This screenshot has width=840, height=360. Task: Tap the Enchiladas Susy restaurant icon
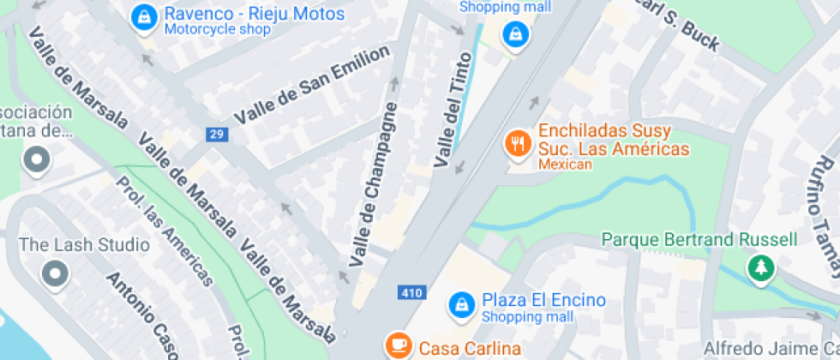point(516,143)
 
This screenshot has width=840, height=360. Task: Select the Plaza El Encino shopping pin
point(461,304)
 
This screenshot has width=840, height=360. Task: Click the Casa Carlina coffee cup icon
point(397,345)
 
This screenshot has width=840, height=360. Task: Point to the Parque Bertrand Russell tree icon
point(759,268)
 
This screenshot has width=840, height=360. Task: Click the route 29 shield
point(216,134)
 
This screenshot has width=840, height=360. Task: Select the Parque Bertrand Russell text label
point(699,239)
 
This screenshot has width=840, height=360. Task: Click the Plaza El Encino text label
point(543,300)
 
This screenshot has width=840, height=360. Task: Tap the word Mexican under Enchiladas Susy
point(565,165)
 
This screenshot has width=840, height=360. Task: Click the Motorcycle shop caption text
point(217,30)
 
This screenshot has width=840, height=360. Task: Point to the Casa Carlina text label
point(470,348)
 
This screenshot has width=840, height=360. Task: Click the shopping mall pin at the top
point(514,35)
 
